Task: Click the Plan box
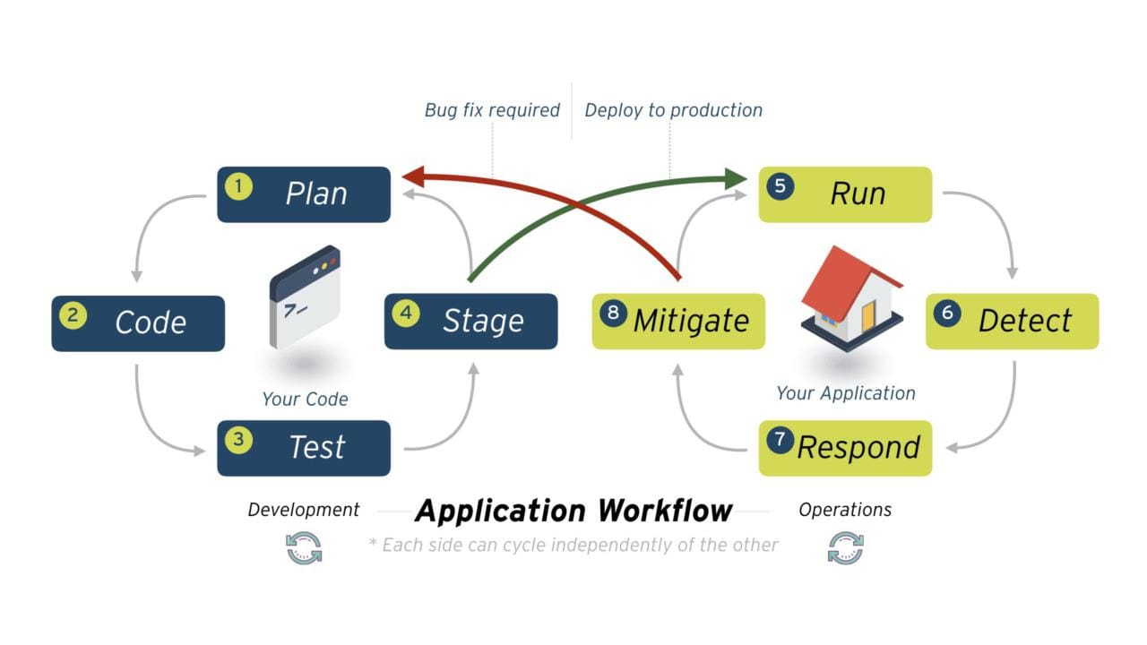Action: click(x=304, y=193)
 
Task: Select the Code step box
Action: click(x=138, y=322)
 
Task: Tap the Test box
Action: click(x=304, y=447)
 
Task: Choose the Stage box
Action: click(x=470, y=321)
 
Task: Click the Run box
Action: click(x=845, y=193)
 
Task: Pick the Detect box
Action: click(x=1012, y=321)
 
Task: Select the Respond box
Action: click(x=845, y=447)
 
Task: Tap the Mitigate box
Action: click(x=678, y=321)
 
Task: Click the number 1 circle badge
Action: click(x=238, y=186)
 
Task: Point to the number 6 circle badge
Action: click(x=947, y=314)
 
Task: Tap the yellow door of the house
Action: click(x=867, y=316)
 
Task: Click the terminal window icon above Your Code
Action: click(x=305, y=296)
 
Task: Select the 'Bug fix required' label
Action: click(x=492, y=110)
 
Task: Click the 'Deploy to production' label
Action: click(x=673, y=110)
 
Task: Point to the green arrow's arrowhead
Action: click(x=737, y=179)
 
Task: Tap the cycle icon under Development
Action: click(x=304, y=547)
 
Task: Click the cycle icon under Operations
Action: click(x=845, y=547)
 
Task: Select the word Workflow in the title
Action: click(x=665, y=511)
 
